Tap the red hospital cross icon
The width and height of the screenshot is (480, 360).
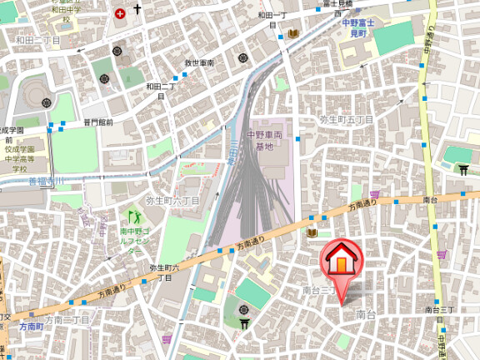click(x=122, y=13)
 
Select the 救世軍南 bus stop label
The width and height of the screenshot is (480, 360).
click(x=200, y=63)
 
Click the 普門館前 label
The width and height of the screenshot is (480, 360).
click(x=97, y=122)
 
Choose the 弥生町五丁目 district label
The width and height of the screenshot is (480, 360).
click(x=347, y=119)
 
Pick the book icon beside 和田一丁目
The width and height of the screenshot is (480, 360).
click(x=292, y=33)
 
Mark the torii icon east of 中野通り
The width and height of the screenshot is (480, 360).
click(x=464, y=170)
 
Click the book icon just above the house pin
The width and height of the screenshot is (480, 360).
click(x=312, y=233)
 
